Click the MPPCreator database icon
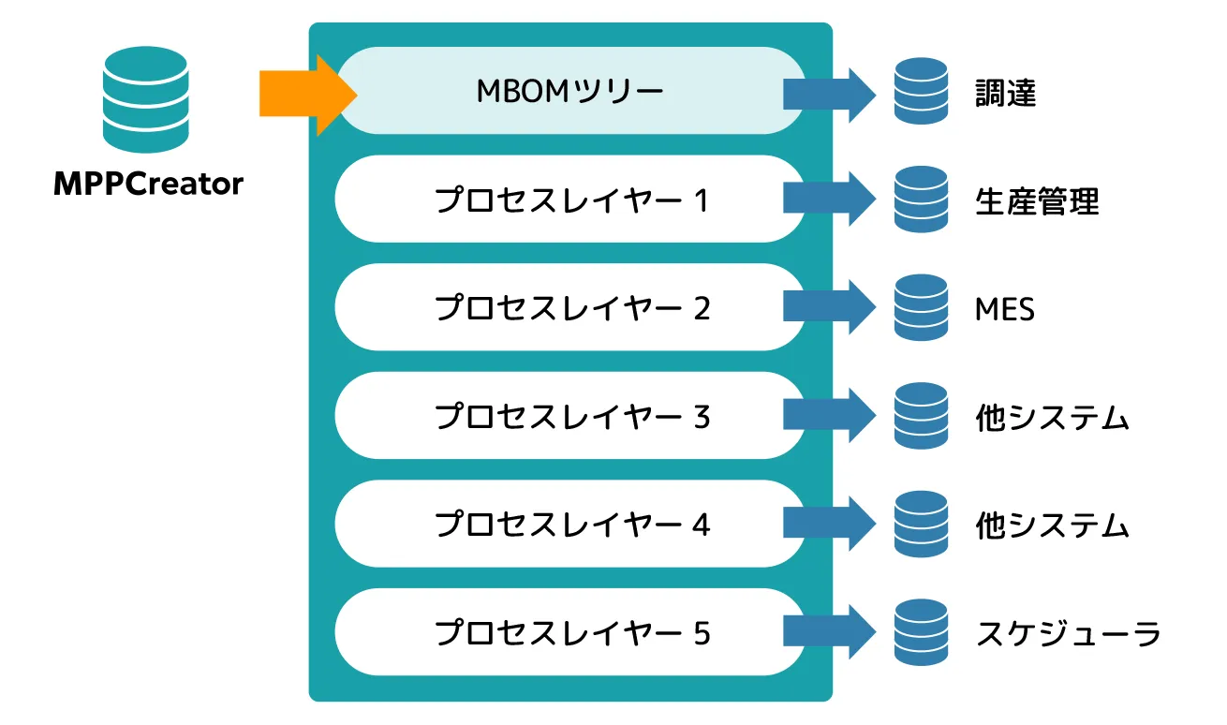[145, 99]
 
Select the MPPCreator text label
[148, 184]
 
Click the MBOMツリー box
[569, 91]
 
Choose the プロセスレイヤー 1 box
[569, 200]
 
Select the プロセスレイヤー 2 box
[569, 307]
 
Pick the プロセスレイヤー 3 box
[569, 416]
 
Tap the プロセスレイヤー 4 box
[569, 525]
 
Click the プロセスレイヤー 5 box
[569, 632]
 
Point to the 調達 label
[1005, 93]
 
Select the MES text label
[1004, 308]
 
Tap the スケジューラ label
[1068, 634]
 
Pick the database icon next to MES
[921, 307]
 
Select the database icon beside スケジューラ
[921, 632]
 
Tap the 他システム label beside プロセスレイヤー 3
[1052, 418]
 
